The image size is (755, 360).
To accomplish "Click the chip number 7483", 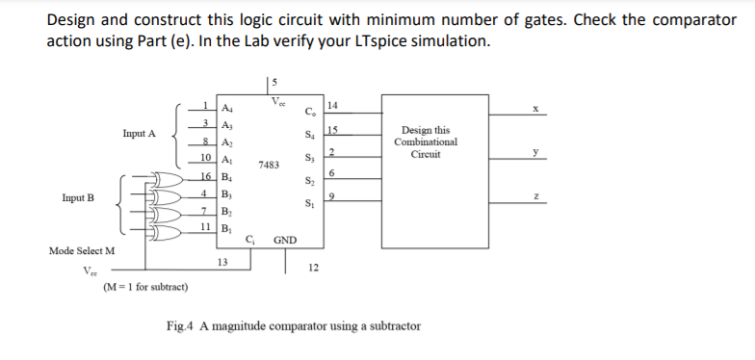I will tap(269, 166).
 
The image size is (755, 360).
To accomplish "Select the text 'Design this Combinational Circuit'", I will tap(426, 141).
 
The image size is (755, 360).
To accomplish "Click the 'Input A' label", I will tap(139, 133).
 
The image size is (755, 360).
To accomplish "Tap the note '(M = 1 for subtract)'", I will tap(144, 287).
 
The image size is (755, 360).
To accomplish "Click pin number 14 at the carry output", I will tap(332, 104).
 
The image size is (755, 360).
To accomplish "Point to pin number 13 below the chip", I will tap(222, 260).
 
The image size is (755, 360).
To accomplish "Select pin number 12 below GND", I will tap(312, 269).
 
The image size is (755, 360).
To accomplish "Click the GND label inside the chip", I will tap(285, 239).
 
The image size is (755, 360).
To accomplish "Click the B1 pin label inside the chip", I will tap(227, 227).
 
